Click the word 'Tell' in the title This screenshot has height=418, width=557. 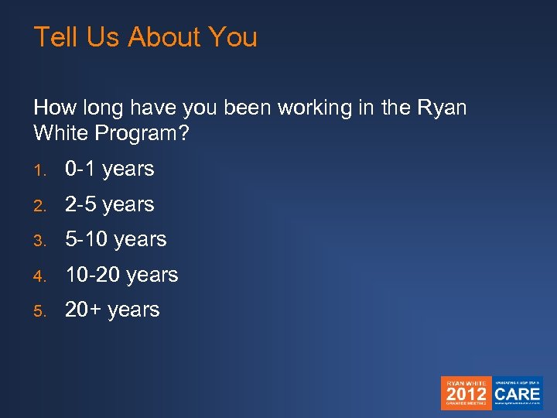coord(53,37)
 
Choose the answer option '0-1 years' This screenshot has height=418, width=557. coord(109,169)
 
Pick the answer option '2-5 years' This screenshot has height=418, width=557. coord(109,204)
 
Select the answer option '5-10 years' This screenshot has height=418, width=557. coord(115,239)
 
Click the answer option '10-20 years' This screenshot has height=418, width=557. coord(121,275)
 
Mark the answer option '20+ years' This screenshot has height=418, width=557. coord(112,310)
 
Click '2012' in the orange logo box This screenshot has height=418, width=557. coord(466,392)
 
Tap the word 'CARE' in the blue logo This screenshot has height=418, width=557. coord(518,392)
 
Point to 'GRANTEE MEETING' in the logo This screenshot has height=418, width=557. coord(466,405)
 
